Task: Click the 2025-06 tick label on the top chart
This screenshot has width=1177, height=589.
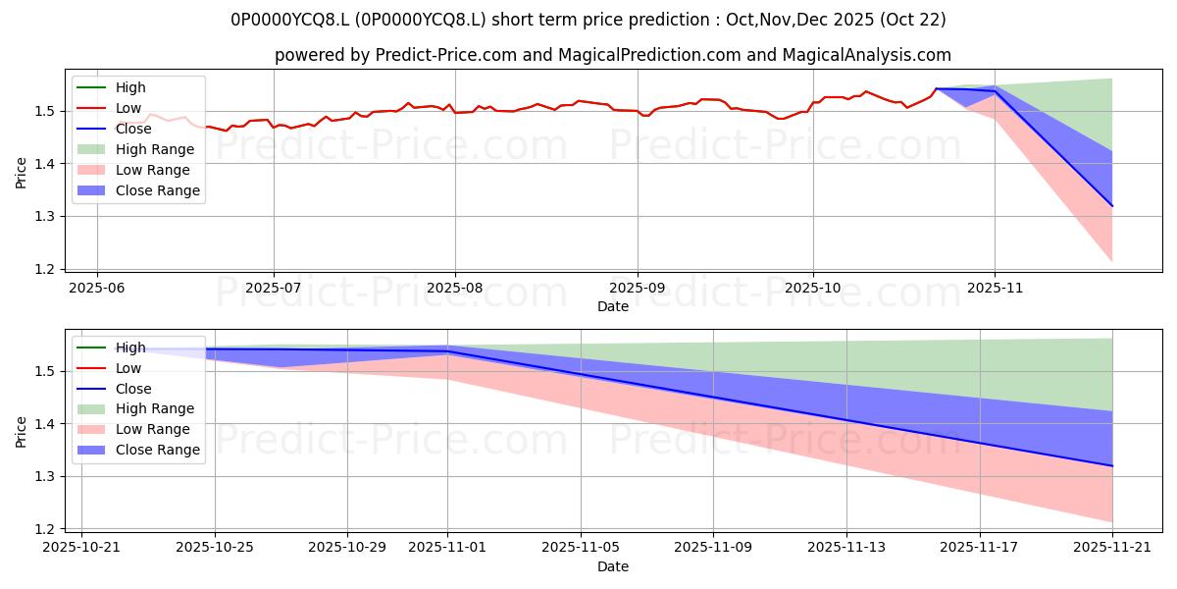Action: [x=96, y=289]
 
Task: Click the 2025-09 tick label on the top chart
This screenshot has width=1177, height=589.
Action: [x=638, y=289]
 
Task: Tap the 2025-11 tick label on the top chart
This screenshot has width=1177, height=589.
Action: [x=995, y=289]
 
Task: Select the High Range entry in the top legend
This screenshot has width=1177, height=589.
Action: [x=154, y=149]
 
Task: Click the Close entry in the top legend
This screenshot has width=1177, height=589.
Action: [x=133, y=129]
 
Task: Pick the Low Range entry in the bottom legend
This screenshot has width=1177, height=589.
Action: [x=152, y=429]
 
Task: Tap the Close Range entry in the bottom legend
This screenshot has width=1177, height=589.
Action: [x=157, y=450]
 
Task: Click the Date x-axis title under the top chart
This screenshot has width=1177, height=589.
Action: [x=613, y=306]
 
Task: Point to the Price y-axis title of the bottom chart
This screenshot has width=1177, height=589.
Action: [x=22, y=431]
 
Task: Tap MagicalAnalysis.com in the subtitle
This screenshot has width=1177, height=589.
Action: [x=866, y=56]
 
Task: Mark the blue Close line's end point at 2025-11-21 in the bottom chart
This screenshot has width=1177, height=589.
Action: [x=1112, y=465]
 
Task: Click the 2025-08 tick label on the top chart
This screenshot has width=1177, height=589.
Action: [x=454, y=289]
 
